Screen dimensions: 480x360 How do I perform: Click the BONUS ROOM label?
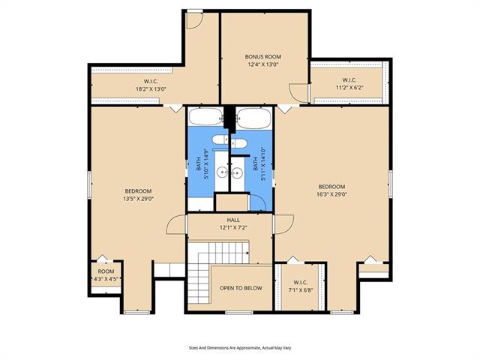pos(263,57)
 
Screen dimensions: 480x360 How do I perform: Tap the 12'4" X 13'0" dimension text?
pos(263,64)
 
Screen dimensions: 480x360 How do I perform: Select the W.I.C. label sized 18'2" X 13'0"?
pos(151,82)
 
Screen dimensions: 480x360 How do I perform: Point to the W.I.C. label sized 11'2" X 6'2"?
pos(349,80)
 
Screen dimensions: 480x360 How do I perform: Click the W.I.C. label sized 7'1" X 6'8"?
pos(301,283)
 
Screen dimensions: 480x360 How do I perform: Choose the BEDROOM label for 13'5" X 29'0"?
pos(138,191)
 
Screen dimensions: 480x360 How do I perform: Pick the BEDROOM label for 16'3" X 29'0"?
pos(331,187)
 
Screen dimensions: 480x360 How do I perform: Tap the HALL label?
pos(233,220)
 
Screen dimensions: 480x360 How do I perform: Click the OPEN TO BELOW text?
pos(241,288)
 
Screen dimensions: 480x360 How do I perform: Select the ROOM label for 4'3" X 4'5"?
pos(106,271)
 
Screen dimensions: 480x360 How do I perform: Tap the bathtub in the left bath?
pos(206,117)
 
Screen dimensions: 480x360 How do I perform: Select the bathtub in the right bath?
pos(253,118)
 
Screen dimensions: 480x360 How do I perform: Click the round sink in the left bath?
pos(221,172)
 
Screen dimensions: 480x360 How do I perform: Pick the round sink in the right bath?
pos(237,173)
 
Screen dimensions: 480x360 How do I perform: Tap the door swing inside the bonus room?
pos(298,93)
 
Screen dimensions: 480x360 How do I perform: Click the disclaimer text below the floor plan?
pos(240,348)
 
